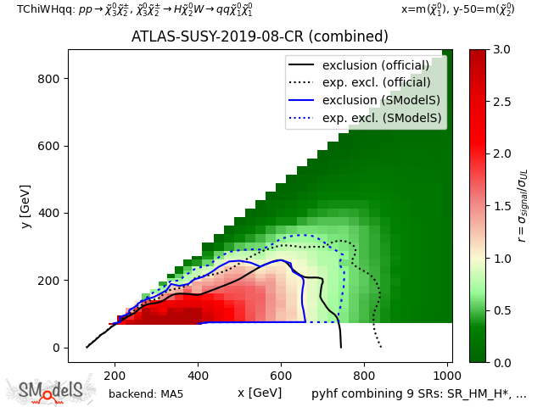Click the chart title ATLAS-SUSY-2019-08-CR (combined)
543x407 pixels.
[x=260, y=36]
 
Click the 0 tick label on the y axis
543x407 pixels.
[x=56, y=348]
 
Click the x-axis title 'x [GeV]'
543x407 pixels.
[x=260, y=393]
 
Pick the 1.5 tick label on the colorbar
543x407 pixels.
[x=501, y=206]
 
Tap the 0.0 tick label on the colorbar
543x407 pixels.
[x=501, y=362]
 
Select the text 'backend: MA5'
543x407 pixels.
[x=146, y=394]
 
